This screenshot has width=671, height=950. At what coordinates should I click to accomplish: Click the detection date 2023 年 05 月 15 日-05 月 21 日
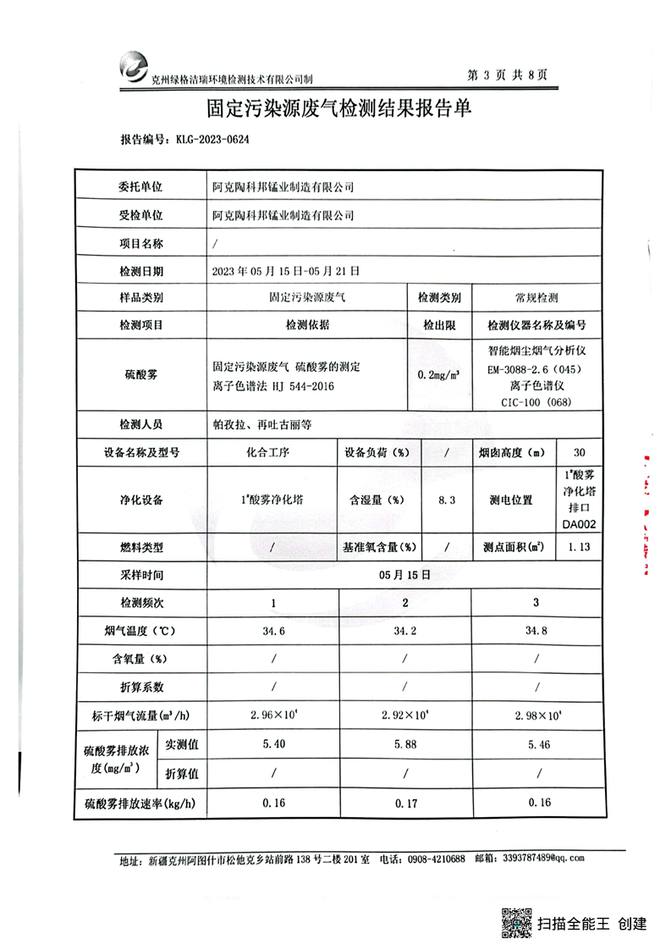tap(287, 272)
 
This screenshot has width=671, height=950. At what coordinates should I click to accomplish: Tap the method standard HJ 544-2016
tap(302, 386)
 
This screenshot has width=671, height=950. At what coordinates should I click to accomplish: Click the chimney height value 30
tap(580, 452)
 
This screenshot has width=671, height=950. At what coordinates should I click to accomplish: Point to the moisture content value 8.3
tap(447, 500)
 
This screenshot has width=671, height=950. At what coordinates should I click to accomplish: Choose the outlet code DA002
tap(580, 525)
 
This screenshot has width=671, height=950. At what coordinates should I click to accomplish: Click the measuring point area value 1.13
tap(580, 547)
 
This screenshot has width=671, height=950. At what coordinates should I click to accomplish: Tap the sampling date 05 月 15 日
tap(406, 574)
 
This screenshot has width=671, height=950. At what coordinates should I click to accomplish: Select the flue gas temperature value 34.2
tap(405, 632)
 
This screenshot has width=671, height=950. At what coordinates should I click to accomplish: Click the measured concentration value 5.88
tap(405, 745)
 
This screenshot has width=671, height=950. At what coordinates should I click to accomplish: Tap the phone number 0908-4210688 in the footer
tap(437, 859)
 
